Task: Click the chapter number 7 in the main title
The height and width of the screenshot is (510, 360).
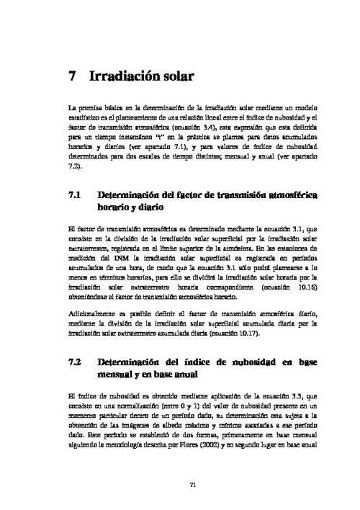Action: pyautogui.click(x=72, y=75)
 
